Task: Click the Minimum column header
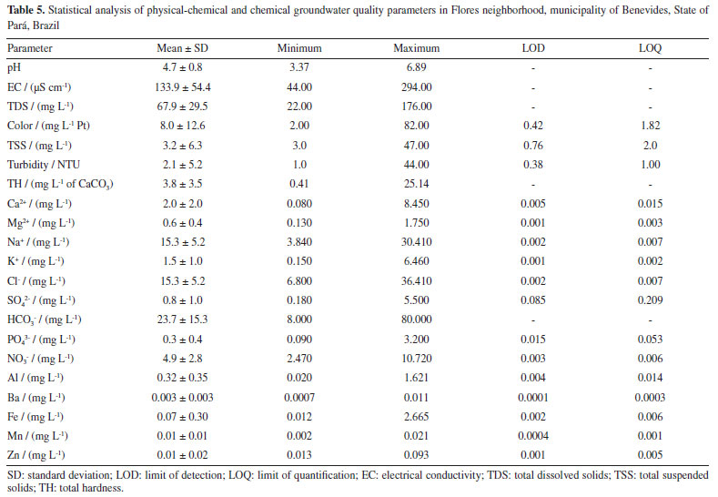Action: point(299,47)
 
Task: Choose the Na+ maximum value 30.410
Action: point(417,244)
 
